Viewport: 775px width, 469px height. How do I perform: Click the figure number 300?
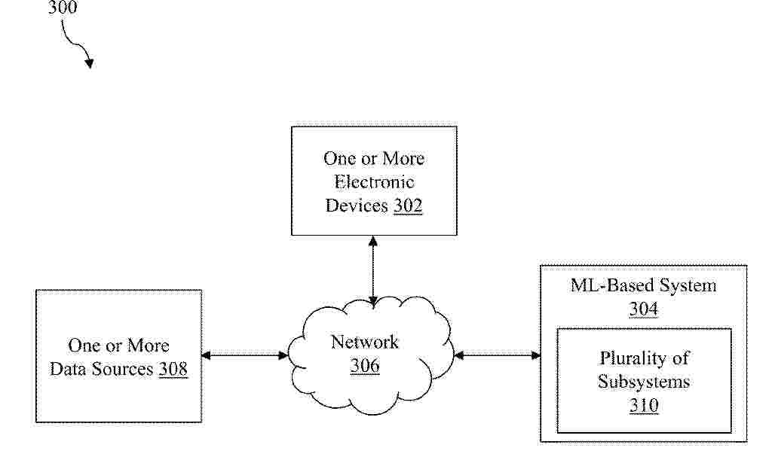(63, 7)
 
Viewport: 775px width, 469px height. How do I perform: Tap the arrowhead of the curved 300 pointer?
(90, 63)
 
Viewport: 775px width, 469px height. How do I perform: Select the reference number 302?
(408, 206)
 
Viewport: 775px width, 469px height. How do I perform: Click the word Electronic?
(374, 181)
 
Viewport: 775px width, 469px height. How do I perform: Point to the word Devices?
(357, 206)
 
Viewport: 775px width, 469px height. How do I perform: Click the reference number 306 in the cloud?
(365, 365)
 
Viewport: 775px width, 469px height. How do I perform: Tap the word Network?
(365, 342)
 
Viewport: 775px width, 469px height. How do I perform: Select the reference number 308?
(173, 369)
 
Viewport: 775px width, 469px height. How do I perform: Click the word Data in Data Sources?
(67, 369)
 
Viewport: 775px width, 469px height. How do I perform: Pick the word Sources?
(121, 369)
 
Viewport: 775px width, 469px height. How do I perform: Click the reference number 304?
(644, 309)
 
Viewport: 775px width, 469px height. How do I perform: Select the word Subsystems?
(644, 382)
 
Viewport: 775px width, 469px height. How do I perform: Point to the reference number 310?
(644, 405)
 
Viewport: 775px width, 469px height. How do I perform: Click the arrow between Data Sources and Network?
(245, 355)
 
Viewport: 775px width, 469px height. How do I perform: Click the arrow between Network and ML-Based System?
(497, 355)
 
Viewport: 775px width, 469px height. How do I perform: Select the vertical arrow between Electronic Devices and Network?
(373, 270)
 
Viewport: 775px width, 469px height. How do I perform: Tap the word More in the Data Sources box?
(146, 345)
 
